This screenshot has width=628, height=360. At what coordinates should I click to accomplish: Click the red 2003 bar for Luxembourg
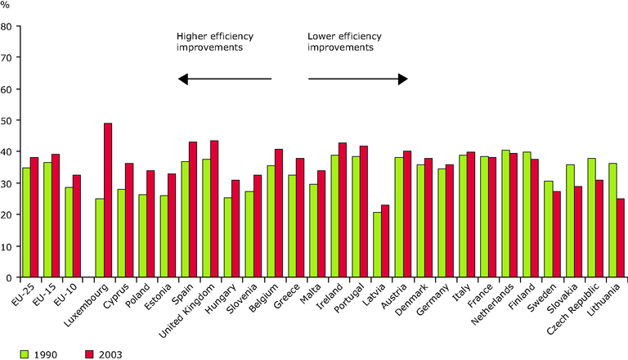coord(108,200)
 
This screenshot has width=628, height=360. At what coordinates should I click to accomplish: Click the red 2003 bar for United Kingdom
coord(214,209)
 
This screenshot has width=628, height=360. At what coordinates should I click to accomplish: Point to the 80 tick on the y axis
coord(18,26)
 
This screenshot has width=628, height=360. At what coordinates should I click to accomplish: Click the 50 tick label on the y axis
coord(7,120)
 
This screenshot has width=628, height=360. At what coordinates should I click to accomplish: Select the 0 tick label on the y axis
coord(9,277)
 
